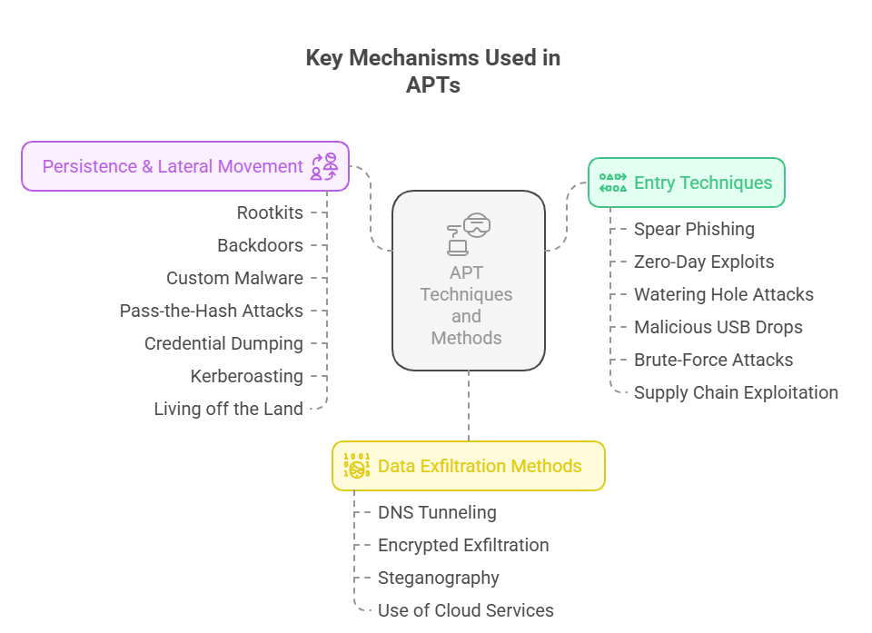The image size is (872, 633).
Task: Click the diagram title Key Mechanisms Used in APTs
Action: click(432, 72)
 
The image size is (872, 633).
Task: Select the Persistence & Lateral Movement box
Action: click(185, 166)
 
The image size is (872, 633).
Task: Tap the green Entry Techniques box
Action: click(686, 183)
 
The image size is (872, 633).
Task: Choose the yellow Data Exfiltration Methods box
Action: click(469, 466)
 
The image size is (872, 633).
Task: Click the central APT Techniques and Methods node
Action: click(468, 280)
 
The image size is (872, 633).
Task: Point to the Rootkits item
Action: click(270, 213)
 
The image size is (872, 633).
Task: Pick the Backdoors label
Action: click(260, 245)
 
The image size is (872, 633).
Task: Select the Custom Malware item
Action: click(234, 278)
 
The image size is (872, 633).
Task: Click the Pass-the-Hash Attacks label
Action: click(211, 311)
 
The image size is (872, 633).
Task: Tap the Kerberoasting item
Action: click(246, 376)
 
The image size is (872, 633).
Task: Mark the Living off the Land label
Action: click(228, 409)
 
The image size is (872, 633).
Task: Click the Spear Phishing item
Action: click(694, 229)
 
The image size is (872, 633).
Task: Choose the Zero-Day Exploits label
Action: click(704, 262)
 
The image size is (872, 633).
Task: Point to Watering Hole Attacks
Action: click(723, 294)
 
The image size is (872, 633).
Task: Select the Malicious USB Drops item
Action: click(718, 327)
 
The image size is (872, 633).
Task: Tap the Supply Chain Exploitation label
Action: click(736, 392)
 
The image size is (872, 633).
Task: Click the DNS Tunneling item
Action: click(437, 512)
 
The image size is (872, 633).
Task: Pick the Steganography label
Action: click(438, 578)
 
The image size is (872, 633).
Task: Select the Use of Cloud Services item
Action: click(465, 610)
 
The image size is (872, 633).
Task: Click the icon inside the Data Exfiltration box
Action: click(356, 466)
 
